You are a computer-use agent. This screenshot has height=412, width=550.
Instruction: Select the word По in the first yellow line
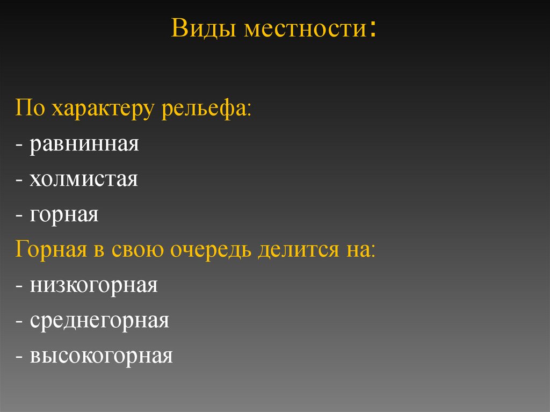click(x=31, y=109)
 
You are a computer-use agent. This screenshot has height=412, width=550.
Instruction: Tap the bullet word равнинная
click(x=84, y=144)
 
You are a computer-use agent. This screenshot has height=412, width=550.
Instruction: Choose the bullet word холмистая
click(x=84, y=179)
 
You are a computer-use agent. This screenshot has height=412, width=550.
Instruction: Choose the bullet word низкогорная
click(x=93, y=286)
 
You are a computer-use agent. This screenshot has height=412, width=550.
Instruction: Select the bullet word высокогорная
click(x=101, y=356)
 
